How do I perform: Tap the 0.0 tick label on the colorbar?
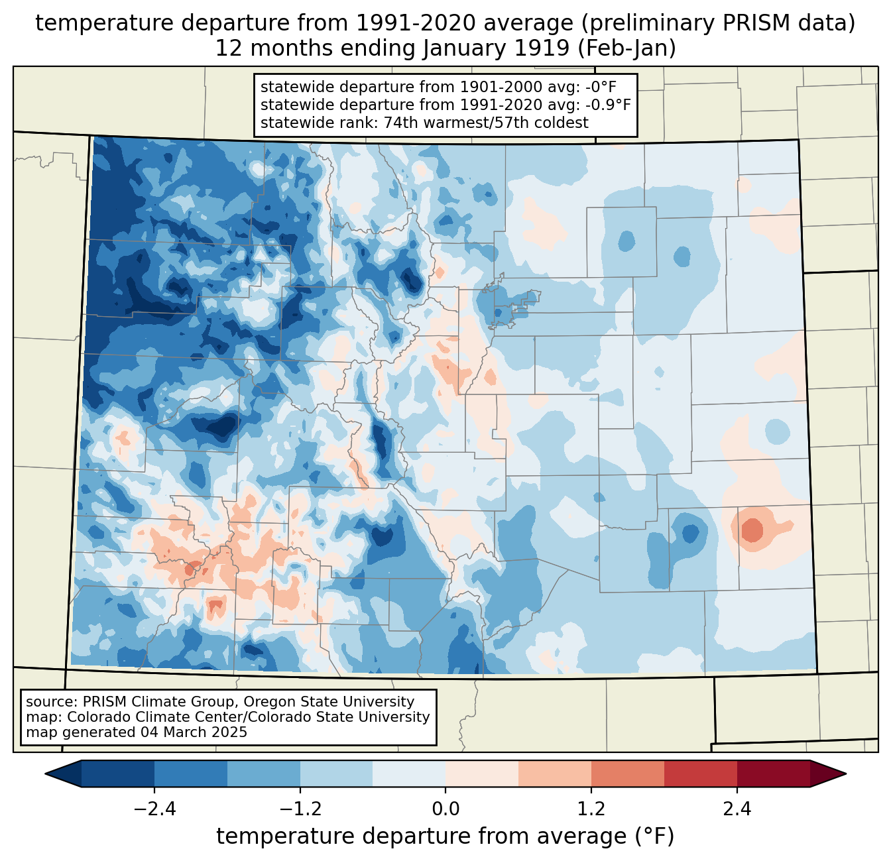click(445, 809)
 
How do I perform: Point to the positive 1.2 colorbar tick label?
click(591, 809)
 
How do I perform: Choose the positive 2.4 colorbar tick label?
click(737, 809)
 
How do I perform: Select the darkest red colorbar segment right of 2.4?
click(773, 774)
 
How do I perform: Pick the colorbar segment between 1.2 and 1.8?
click(627, 774)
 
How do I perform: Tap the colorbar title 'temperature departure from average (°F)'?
click(445, 836)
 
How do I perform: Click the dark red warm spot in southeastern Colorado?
click(752, 530)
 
